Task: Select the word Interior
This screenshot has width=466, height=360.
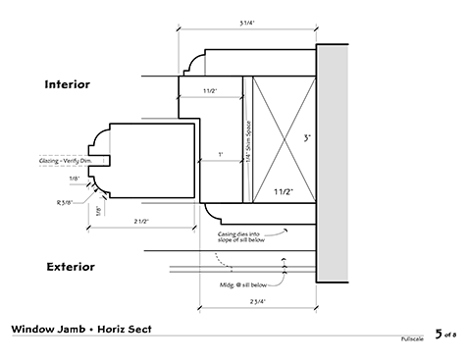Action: click(80, 85)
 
